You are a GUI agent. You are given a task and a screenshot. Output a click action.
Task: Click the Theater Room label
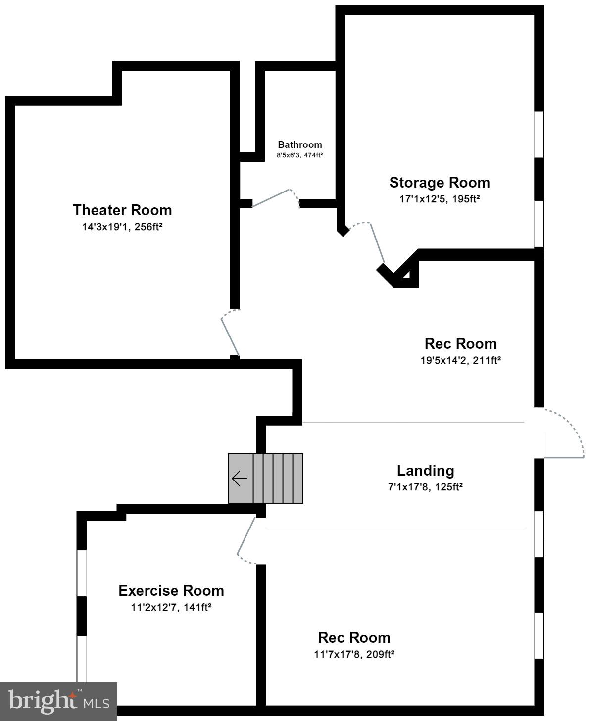pyautogui.click(x=122, y=210)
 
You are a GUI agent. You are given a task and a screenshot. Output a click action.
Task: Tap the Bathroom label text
pyautogui.click(x=299, y=144)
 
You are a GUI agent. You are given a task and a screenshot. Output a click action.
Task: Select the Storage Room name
pyautogui.click(x=440, y=182)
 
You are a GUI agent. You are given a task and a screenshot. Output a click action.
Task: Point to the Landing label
pyautogui.click(x=425, y=470)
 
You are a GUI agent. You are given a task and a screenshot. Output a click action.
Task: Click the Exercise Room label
pyautogui.click(x=171, y=590)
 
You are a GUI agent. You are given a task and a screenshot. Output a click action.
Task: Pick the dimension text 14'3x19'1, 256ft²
pyautogui.click(x=122, y=227)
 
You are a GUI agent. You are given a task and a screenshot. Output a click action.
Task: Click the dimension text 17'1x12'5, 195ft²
pyautogui.click(x=440, y=199)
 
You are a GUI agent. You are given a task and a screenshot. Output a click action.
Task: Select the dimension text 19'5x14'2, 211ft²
pyautogui.click(x=460, y=360)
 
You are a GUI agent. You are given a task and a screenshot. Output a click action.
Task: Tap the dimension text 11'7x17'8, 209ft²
pyautogui.click(x=354, y=654)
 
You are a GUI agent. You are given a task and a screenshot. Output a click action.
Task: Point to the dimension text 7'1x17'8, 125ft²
pyautogui.click(x=425, y=487)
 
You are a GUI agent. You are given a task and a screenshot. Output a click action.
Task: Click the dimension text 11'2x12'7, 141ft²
pyautogui.click(x=171, y=607)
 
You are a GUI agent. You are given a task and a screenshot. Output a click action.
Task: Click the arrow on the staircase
pyautogui.click(x=240, y=479)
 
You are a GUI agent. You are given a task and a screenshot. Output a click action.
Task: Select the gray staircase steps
pyautogui.click(x=278, y=479)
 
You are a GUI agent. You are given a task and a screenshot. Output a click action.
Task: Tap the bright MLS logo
pyautogui.click(x=58, y=701)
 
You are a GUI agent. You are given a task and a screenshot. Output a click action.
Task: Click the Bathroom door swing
pyautogui.click(x=275, y=197)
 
